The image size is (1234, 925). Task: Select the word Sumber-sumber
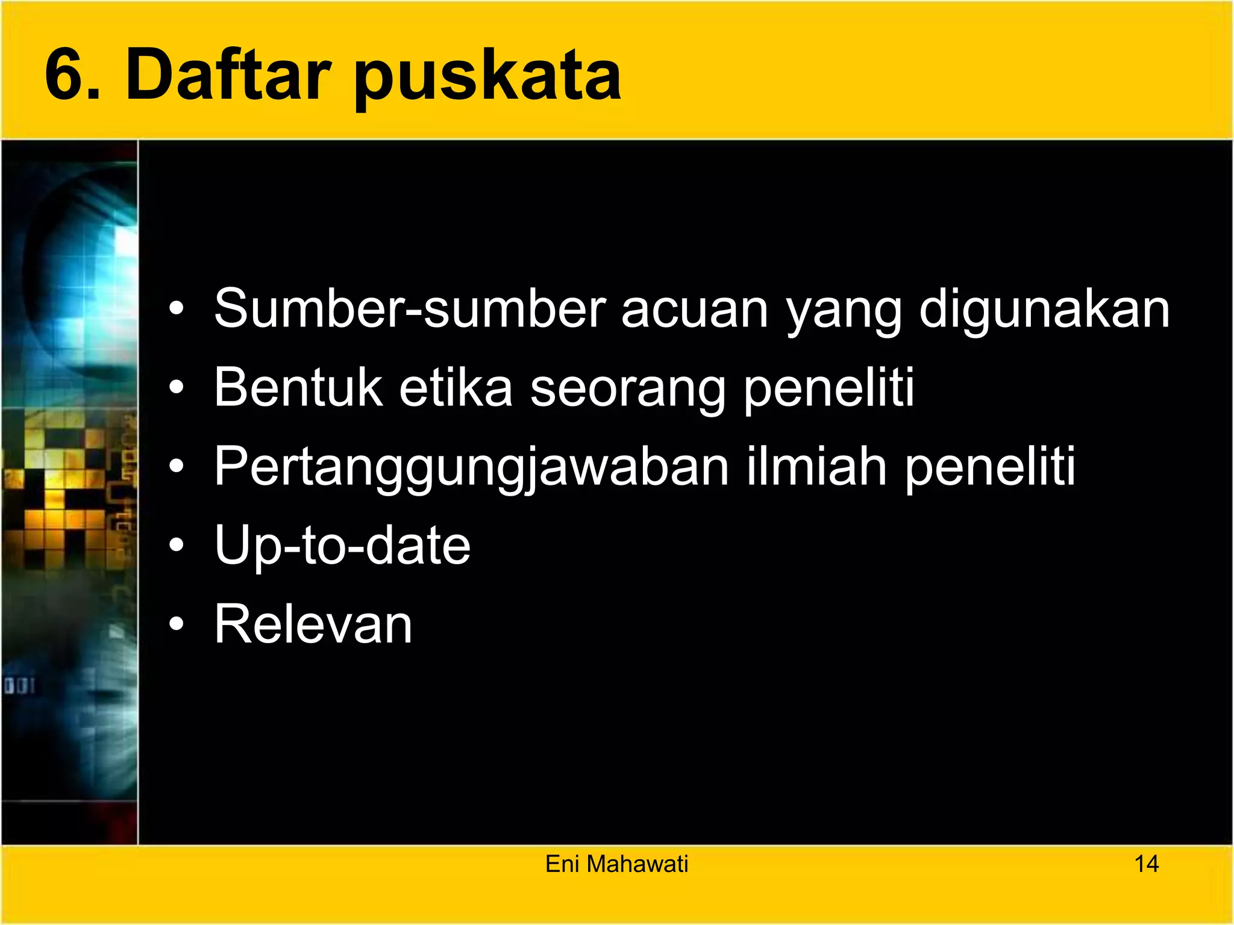click(x=409, y=308)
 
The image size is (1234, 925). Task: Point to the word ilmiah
click(x=816, y=466)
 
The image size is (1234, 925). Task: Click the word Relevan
click(x=313, y=624)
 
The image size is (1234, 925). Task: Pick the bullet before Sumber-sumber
click(x=176, y=310)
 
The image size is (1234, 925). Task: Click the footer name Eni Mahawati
click(x=616, y=864)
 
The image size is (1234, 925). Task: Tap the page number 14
click(x=1146, y=864)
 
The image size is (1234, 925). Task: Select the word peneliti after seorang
click(x=828, y=389)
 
